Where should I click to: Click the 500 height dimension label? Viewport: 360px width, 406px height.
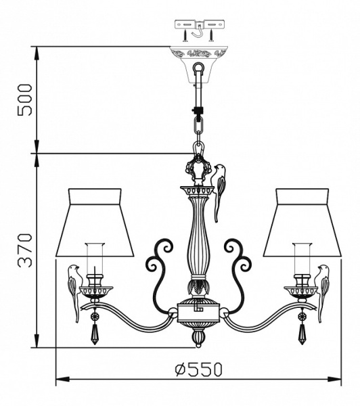(25, 99)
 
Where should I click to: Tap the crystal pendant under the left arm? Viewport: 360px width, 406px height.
(94, 332)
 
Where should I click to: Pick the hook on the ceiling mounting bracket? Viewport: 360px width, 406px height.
(198, 30)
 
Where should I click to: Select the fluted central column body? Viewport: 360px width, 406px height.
(198, 237)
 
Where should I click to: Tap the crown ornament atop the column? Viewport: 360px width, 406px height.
(198, 169)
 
